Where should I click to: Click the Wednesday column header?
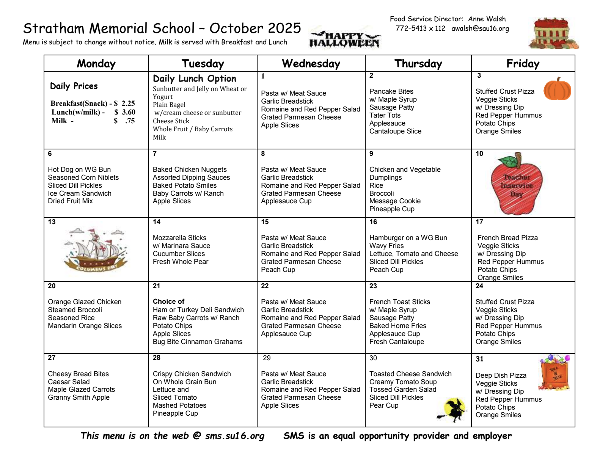[x=311, y=63]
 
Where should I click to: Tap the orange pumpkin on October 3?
[x=557, y=89]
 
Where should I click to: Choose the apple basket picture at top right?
[x=554, y=33]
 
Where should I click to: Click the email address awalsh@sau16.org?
[x=480, y=28]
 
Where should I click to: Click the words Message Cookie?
[x=395, y=201]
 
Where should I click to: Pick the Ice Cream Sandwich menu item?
[x=80, y=193]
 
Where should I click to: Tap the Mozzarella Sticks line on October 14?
[x=179, y=238]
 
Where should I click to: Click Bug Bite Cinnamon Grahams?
[x=197, y=342]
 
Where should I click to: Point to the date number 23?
[x=373, y=286]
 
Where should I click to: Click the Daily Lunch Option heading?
[x=194, y=78]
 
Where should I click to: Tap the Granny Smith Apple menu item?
[x=79, y=397]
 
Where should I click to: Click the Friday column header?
[x=523, y=63]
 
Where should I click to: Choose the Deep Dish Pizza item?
[x=501, y=375]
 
